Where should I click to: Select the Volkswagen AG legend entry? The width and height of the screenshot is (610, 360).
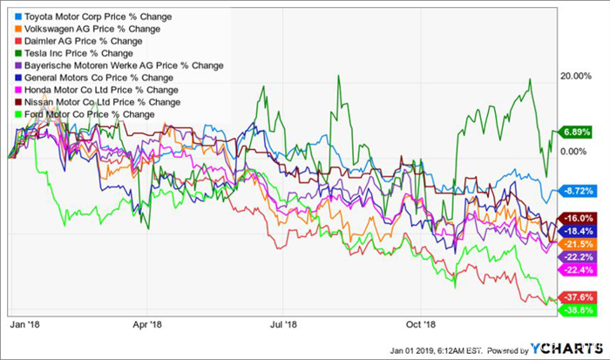pyautogui.click(x=79, y=29)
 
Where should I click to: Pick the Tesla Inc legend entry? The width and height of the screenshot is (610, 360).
pyautogui.click(x=66, y=53)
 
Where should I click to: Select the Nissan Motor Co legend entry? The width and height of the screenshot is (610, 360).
pyautogui.click(x=90, y=102)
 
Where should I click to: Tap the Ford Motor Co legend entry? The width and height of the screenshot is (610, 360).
pyautogui.click(x=83, y=114)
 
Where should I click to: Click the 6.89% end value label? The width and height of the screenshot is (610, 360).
pyautogui.click(x=579, y=132)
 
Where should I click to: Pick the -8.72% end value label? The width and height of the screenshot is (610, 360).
pyautogui.click(x=579, y=189)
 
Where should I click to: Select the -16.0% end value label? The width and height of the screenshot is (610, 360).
pyautogui.click(x=579, y=218)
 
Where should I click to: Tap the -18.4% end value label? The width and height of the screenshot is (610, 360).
pyautogui.click(x=579, y=231)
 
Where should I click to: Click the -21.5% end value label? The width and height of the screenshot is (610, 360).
pyautogui.click(x=579, y=244)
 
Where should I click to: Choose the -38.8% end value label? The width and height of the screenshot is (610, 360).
pyautogui.click(x=579, y=309)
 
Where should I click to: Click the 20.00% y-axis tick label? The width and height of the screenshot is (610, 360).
pyautogui.click(x=578, y=76)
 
